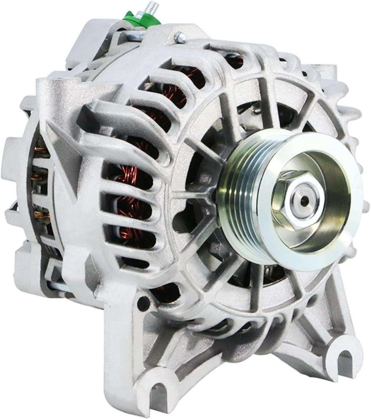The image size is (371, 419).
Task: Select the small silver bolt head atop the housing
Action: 180,38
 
